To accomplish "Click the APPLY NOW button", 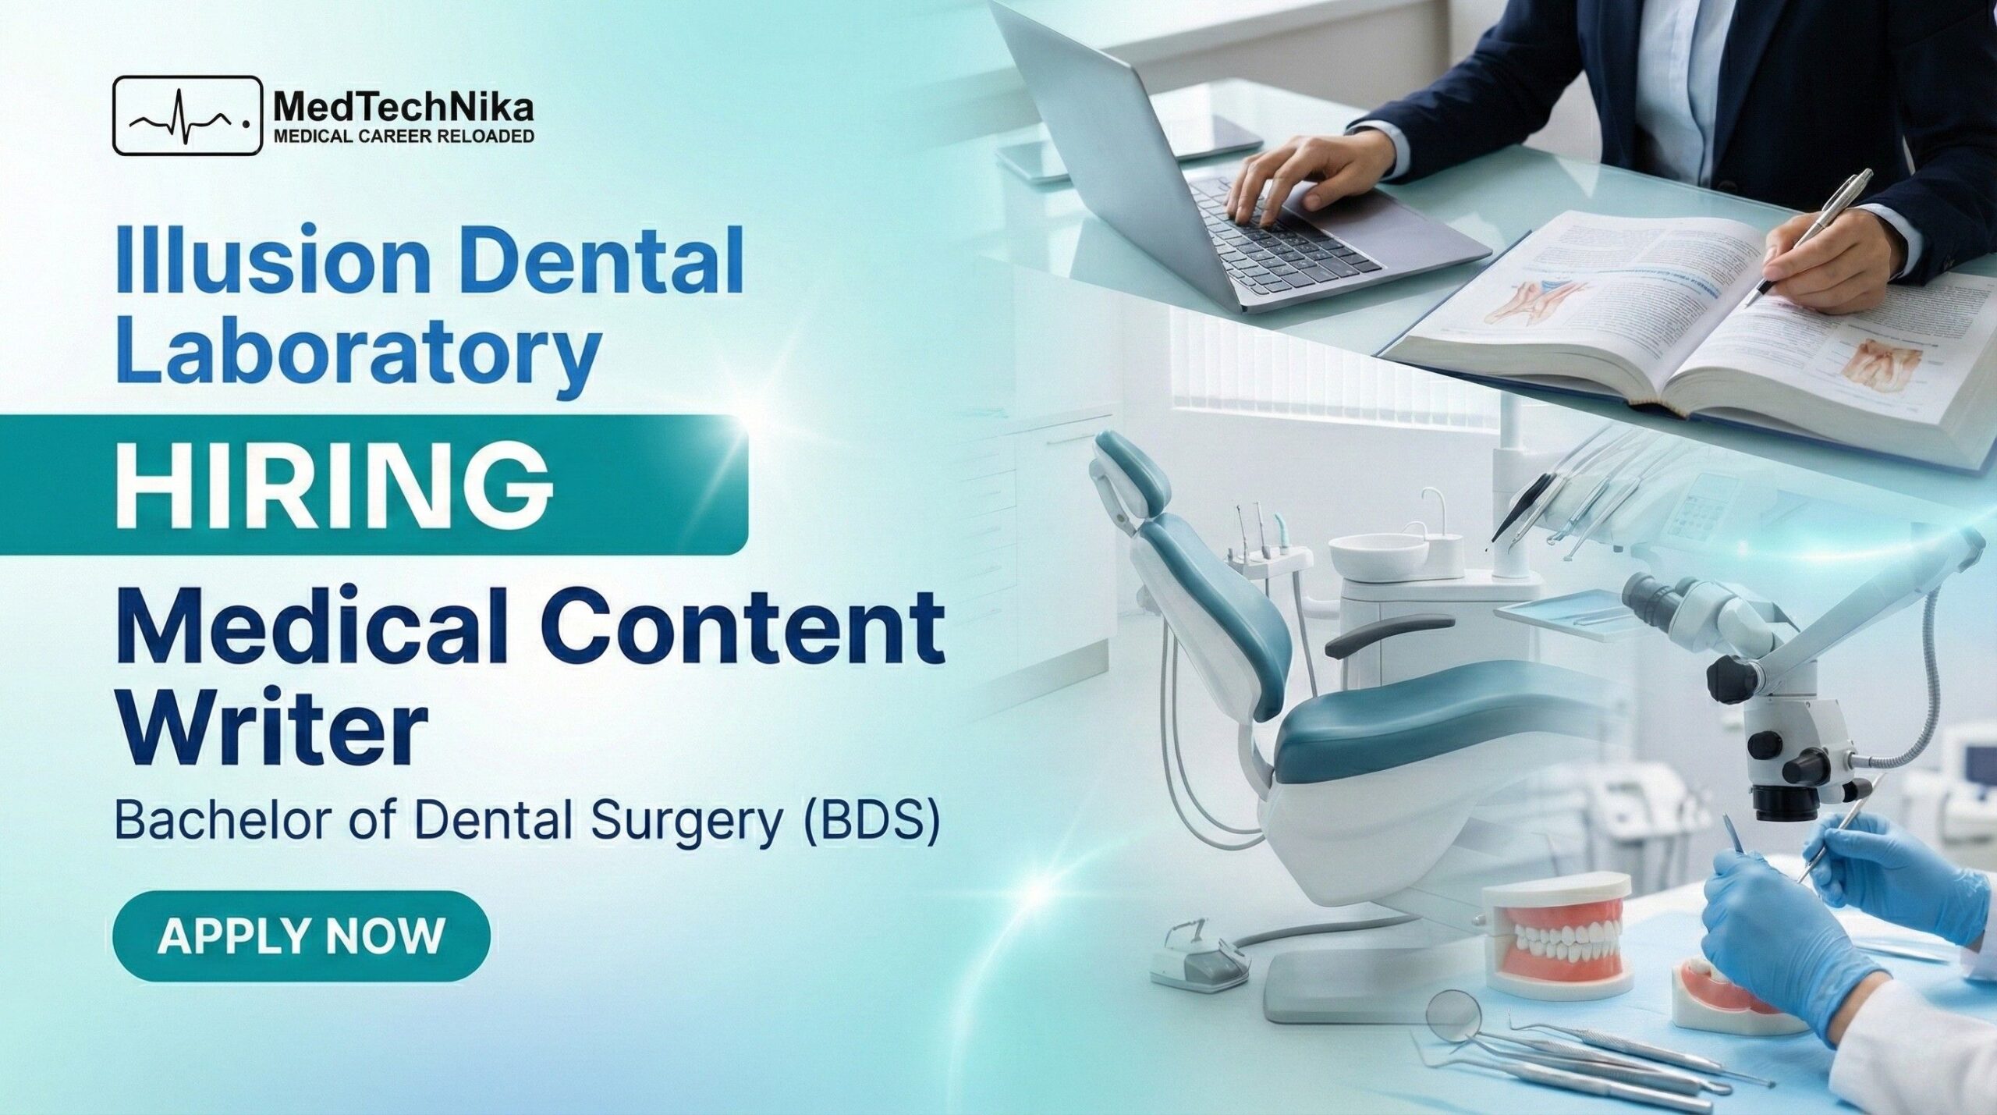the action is click(x=301, y=936).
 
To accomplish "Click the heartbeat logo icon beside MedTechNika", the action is click(x=187, y=115).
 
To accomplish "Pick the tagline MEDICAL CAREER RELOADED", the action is click(x=403, y=137).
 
